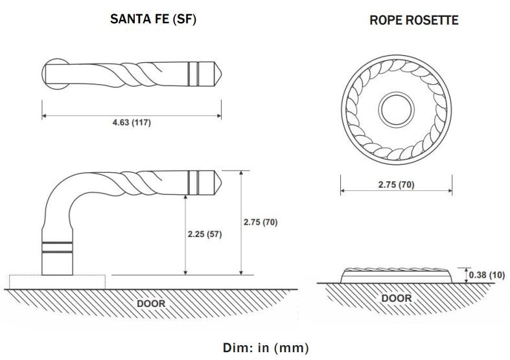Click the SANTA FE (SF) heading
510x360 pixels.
click(153, 19)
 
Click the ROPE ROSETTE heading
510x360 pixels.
click(413, 20)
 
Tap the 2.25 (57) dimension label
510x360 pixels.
click(203, 234)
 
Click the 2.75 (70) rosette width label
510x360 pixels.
click(395, 185)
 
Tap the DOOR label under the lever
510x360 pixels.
click(150, 302)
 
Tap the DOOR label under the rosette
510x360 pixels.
click(395, 298)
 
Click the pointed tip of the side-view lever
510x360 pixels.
click(219, 181)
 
